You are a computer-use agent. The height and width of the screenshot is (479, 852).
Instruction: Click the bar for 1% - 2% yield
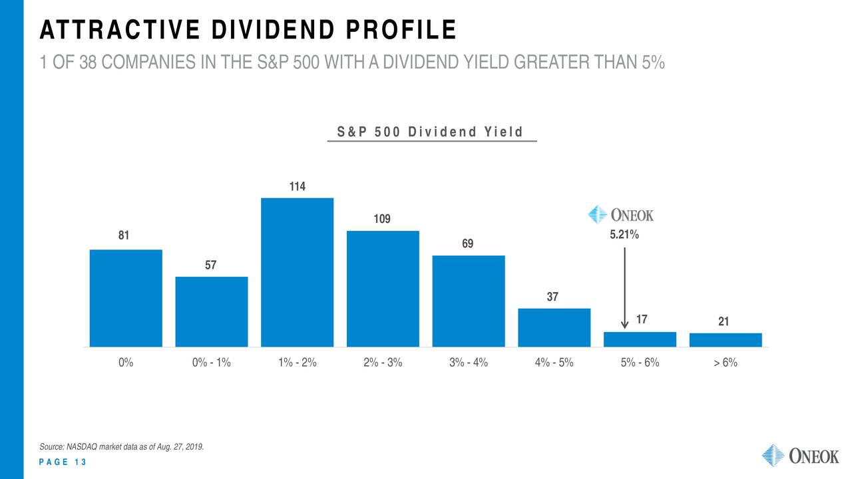pos(297,272)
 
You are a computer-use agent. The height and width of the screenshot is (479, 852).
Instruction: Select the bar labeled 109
pos(383,289)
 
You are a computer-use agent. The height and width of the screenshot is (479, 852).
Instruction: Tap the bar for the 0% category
pos(126,298)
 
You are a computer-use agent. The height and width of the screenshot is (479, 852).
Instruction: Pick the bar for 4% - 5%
pos(554,327)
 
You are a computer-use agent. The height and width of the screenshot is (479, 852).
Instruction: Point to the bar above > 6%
pos(725,339)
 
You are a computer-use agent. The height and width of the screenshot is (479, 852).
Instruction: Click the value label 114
pos(297,187)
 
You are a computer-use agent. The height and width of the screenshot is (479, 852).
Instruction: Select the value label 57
pos(210,265)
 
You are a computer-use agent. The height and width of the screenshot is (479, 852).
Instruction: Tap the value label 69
pos(468,244)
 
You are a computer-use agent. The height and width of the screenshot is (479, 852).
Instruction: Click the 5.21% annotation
pos(624,235)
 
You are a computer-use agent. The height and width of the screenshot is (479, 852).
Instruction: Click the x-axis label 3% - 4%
pos(468,363)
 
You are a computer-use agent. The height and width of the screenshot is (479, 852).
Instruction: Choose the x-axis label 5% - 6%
pos(640,363)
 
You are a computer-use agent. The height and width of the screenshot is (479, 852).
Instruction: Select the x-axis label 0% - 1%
pos(211,363)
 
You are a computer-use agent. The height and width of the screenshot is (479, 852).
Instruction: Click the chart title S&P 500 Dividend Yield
pos(431,132)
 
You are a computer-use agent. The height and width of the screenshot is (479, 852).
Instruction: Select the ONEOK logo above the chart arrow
pos(621,214)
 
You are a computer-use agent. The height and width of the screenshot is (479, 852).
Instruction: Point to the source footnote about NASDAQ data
pos(121,446)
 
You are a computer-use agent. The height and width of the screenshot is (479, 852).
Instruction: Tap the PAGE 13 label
pos(63,463)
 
